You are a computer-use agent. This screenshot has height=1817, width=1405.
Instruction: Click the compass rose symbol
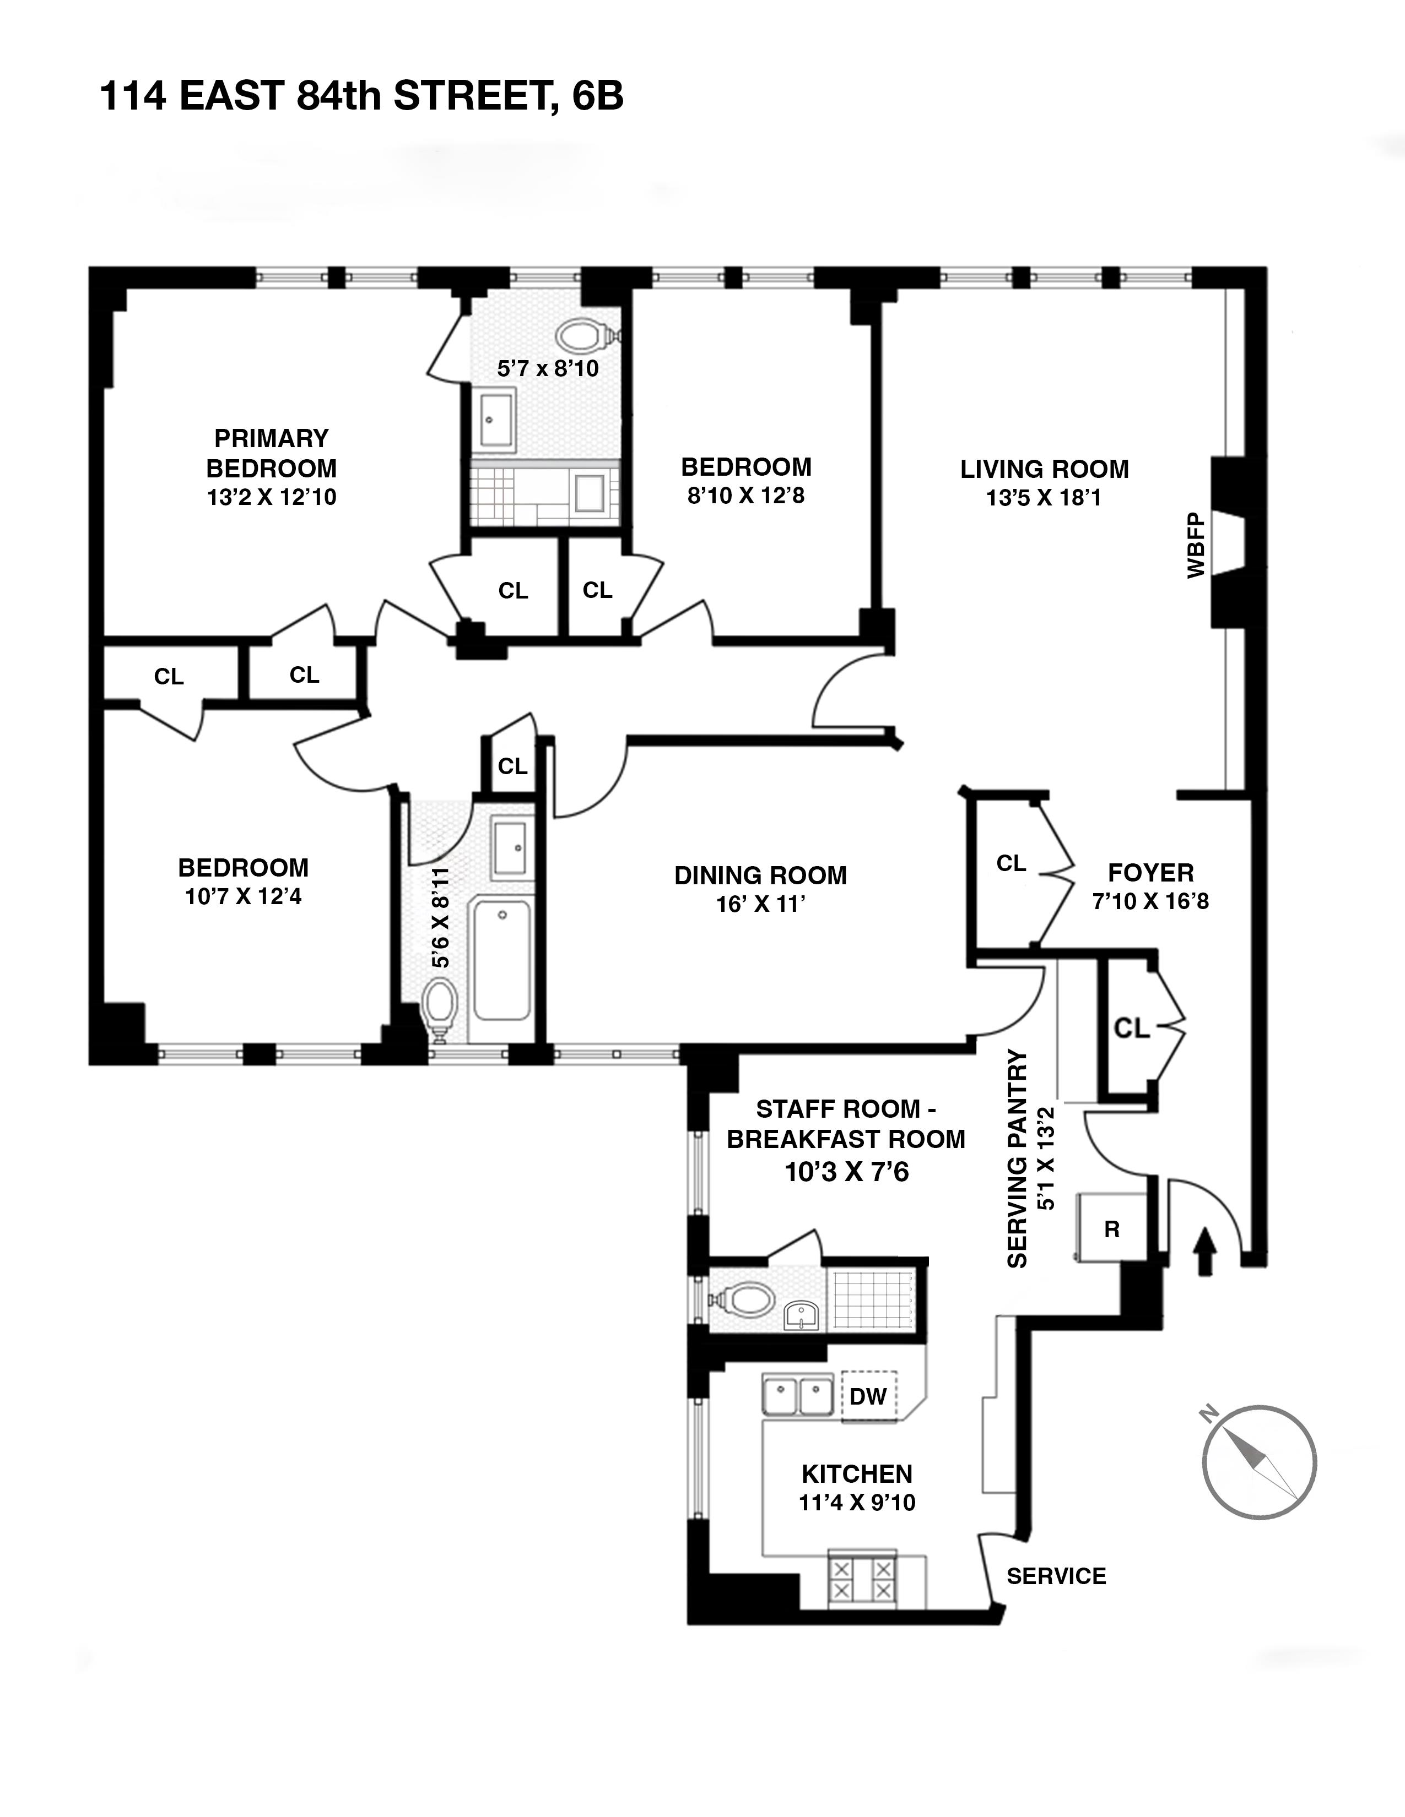pyautogui.click(x=1258, y=1462)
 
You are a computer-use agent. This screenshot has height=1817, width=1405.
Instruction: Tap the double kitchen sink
pyautogui.click(x=797, y=1395)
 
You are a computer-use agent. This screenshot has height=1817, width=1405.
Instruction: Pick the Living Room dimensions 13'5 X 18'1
pyautogui.click(x=1044, y=498)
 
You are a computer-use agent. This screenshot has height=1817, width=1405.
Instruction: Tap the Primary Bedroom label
pyautogui.click(x=271, y=453)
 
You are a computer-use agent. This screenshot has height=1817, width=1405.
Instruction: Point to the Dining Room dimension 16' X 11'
pyautogui.click(x=760, y=904)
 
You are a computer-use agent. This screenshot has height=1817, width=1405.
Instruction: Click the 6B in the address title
pyautogui.click(x=597, y=96)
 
